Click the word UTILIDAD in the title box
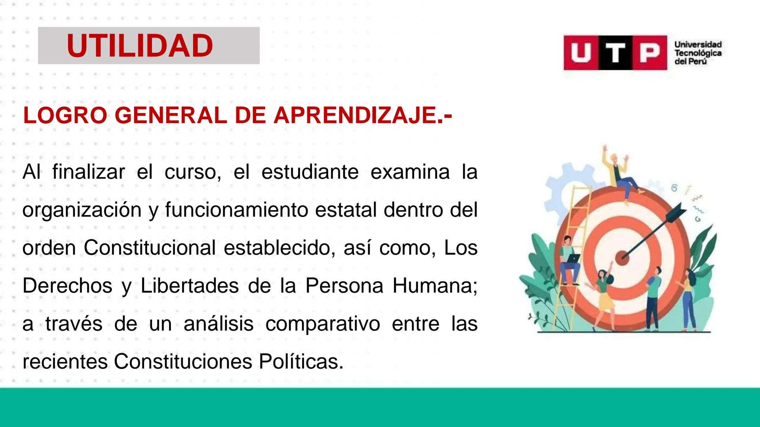tap(140, 46)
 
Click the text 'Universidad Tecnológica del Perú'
tap(698, 53)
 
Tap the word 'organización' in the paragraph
tap(82, 210)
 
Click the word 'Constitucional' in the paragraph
tap(149, 248)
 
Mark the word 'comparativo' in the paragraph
tap(323, 324)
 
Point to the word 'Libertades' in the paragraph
tap(190, 286)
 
